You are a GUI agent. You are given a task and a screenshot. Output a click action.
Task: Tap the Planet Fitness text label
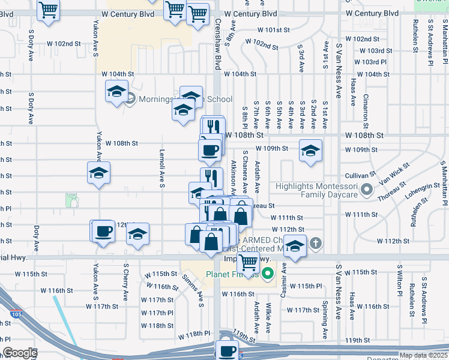[232, 275]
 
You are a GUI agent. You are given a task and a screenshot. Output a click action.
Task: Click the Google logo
[20, 353]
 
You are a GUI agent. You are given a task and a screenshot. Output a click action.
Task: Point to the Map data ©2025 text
[423, 355]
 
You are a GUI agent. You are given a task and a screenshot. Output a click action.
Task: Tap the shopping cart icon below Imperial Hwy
[247, 262]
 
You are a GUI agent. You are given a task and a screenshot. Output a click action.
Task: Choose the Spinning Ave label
[324, 319]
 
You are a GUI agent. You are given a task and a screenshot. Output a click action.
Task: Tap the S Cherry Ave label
[126, 281]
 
